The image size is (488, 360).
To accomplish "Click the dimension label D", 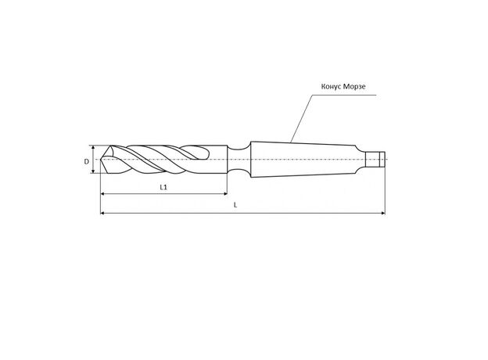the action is tap(87, 162).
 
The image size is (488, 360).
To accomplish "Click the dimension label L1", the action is tap(163, 187).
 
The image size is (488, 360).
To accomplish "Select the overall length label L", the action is tap(235, 205).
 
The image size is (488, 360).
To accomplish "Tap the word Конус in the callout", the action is tap(331, 86).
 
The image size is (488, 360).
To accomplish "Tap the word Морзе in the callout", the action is tap(354, 86).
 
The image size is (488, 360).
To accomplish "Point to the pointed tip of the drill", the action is tap(101, 160).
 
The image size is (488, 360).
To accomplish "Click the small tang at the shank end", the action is tap(375, 160).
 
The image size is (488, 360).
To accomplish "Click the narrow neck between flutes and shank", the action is tap(239, 160).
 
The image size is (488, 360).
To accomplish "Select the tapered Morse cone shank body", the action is tap(303, 160).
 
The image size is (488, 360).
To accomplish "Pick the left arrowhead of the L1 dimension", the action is tap(102, 194).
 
